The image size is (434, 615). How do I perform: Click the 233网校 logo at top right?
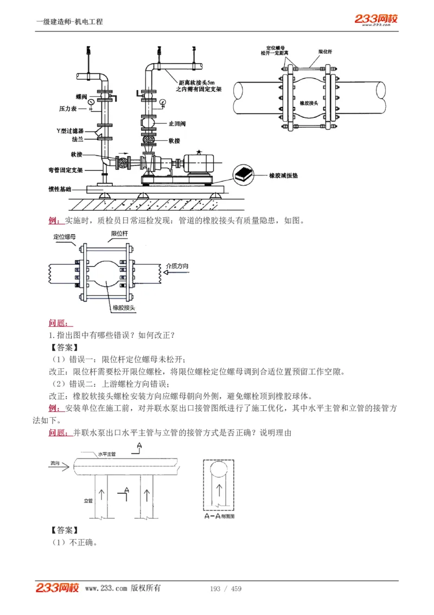376,20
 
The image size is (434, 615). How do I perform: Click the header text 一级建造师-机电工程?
69,22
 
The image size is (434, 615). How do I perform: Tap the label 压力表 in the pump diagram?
68,109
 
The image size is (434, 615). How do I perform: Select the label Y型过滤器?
71,131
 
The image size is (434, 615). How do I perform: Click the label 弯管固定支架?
66,170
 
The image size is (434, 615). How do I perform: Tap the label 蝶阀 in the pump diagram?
81,97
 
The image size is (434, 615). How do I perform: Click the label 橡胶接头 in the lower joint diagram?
124,308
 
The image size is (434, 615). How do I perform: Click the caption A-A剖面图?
219,516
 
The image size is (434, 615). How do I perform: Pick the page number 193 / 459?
225,589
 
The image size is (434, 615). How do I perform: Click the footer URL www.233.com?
106,588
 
